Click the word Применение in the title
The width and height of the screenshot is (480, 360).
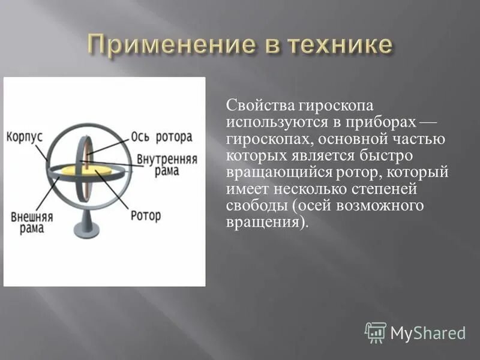tap(168, 46)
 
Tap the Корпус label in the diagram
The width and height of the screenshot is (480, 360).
tap(25, 136)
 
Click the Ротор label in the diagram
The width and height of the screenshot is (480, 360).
tap(146, 215)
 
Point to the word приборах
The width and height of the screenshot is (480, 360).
tap(376, 122)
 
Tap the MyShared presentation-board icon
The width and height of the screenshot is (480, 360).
tap(376, 332)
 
